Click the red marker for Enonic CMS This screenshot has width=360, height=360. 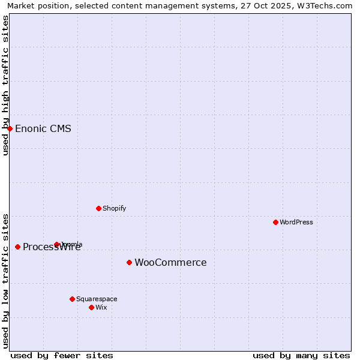pyautogui.click(x=10, y=128)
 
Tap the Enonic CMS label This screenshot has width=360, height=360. pyautogui.click(x=43, y=129)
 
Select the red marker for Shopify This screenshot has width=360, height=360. pyautogui.click(x=98, y=208)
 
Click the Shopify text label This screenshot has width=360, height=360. pyautogui.click(x=114, y=209)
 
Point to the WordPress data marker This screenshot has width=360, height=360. pyautogui.click(x=275, y=222)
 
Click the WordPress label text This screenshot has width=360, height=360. pyautogui.click(x=296, y=222)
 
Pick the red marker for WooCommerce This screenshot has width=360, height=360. pyautogui.click(x=129, y=262)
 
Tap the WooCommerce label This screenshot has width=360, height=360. pyautogui.click(x=170, y=263)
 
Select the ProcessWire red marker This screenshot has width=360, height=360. pyautogui.click(x=17, y=247)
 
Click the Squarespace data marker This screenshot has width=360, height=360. pyautogui.click(x=72, y=299)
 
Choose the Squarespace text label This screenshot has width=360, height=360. pyautogui.click(x=97, y=299)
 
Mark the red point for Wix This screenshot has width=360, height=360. pyautogui.click(x=91, y=307)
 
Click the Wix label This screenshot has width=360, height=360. pyautogui.click(x=101, y=308)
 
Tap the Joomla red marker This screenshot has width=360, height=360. pyautogui.click(x=57, y=244)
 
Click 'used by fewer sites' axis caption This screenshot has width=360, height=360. pyautogui.click(x=62, y=355)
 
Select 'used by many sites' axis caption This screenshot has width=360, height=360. pyautogui.click(x=301, y=355)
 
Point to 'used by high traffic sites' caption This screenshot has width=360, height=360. pyautogui.click(x=5, y=85)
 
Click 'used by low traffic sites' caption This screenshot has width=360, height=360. pyautogui.click(x=5, y=281)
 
